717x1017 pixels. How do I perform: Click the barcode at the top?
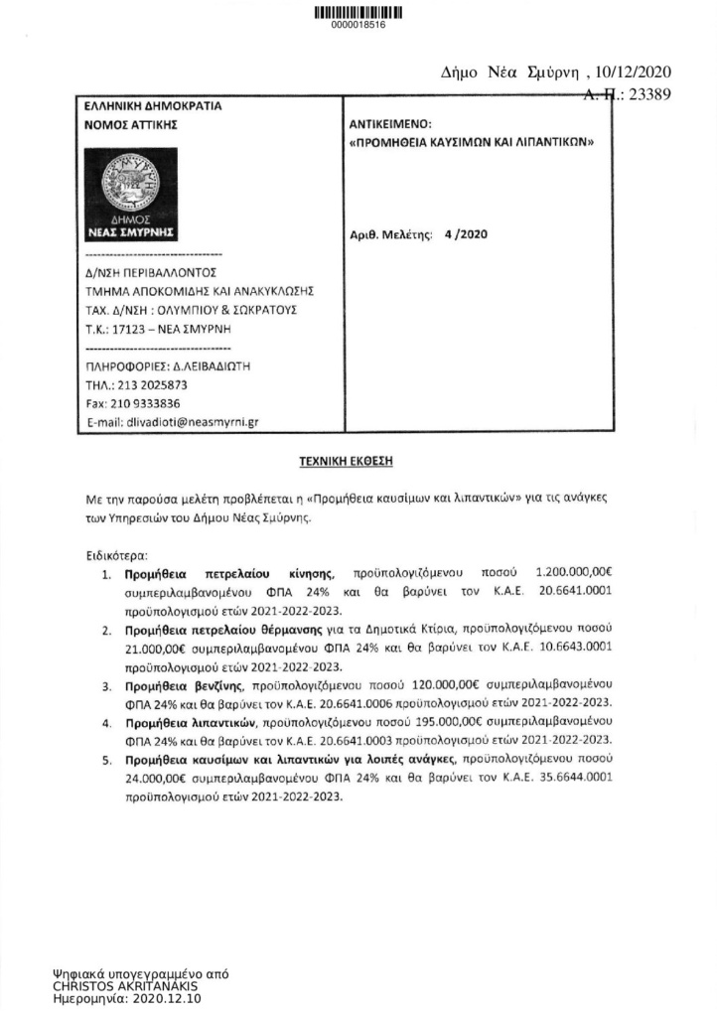tap(358, 13)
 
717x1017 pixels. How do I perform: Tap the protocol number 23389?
tap(649, 94)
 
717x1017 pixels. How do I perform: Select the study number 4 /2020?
tap(464, 234)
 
